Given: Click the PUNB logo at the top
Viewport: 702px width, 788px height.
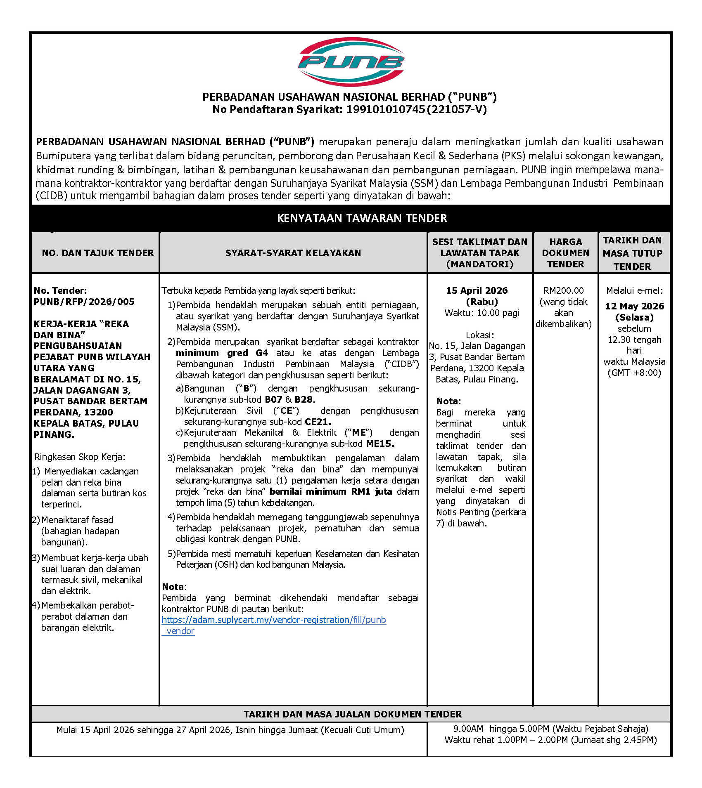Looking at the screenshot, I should pyautogui.click(x=351, y=61).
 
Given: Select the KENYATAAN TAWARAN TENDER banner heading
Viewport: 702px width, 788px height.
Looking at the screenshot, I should pyautogui.click(x=362, y=218).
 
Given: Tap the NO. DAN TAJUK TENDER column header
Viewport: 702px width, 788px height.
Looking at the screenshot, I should pyautogui.click(x=97, y=253).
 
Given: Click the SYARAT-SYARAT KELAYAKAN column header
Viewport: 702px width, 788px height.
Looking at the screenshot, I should pyautogui.click(x=293, y=253).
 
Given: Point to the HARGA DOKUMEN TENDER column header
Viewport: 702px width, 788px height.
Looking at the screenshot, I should pyautogui.click(x=565, y=253).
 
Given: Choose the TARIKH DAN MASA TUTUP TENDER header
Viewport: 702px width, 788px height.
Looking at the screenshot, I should pyautogui.click(x=632, y=253).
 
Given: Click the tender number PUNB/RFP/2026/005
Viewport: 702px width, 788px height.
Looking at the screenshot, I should pyautogui.click(x=84, y=302).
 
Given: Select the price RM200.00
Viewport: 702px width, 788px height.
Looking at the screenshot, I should pyautogui.click(x=564, y=290).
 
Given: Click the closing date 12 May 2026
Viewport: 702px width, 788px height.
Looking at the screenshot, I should pyautogui.click(x=634, y=306).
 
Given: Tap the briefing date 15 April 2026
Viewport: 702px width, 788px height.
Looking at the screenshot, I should pyautogui.click(x=477, y=290).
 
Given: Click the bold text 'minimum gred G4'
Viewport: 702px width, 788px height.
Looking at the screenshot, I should pyautogui.click(x=222, y=353).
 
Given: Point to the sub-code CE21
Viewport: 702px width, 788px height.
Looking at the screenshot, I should pyautogui.click(x=318, y=422).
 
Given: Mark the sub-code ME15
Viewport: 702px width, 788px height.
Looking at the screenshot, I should pyautogui.click(x=380, y=444).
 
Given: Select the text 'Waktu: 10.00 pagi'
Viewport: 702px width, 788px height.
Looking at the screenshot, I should pyautogui.click(x=481, y=313).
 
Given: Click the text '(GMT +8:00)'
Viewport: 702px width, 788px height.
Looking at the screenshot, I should pyautogui.click(x=634, y=373).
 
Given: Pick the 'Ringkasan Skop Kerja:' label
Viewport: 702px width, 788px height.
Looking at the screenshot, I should pyautogui.click(x=80, y=457).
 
